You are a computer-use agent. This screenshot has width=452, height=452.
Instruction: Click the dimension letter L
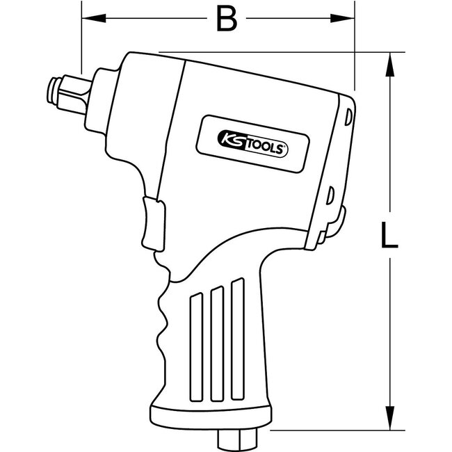coord(390,234)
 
